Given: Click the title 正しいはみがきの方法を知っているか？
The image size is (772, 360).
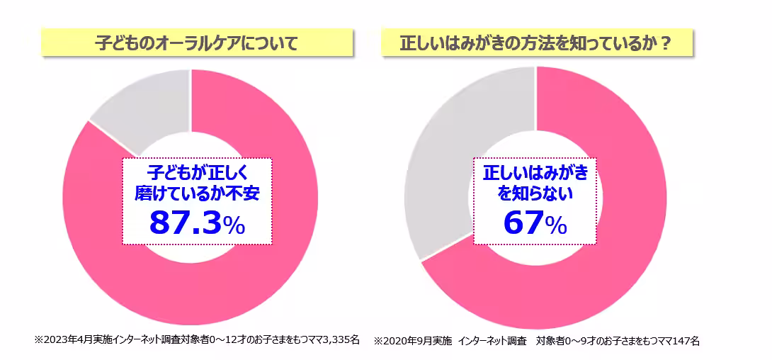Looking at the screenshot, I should click(x=537, y=43).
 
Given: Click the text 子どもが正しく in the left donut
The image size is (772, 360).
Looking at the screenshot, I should click(x=198, y=172).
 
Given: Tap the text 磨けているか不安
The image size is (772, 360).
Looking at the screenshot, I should click(x=198, y=192).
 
